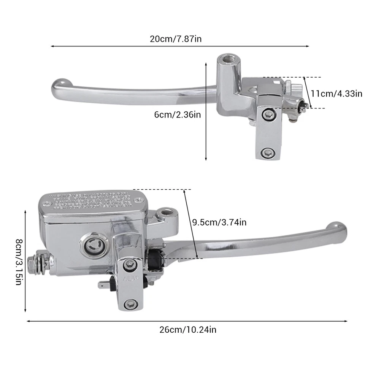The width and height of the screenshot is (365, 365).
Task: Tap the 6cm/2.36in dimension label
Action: tap(178, 114)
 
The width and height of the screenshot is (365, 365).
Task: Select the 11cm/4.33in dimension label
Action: tap(336, 94)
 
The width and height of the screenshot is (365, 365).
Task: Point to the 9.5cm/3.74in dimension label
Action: tap(219, 222)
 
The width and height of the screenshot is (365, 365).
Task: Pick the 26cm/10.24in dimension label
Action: tap(188, 330)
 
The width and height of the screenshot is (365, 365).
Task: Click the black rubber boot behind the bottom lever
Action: tap(155, 259)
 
